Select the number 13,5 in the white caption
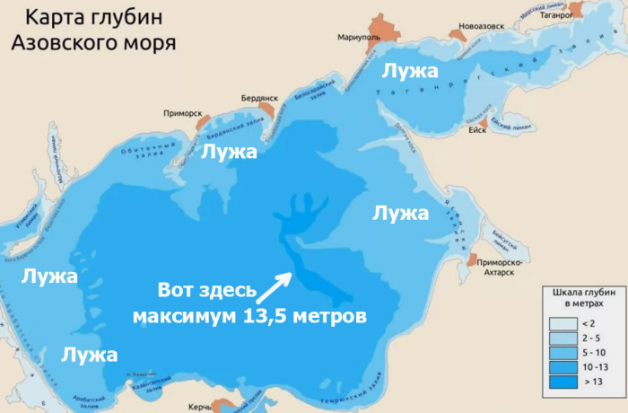click(260, 316)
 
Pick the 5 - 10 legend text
click(592, 356)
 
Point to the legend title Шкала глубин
click(578, 294)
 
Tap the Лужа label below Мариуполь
click(409, 70)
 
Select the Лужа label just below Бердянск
click(229, 151)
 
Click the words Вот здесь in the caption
click(206, 291)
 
